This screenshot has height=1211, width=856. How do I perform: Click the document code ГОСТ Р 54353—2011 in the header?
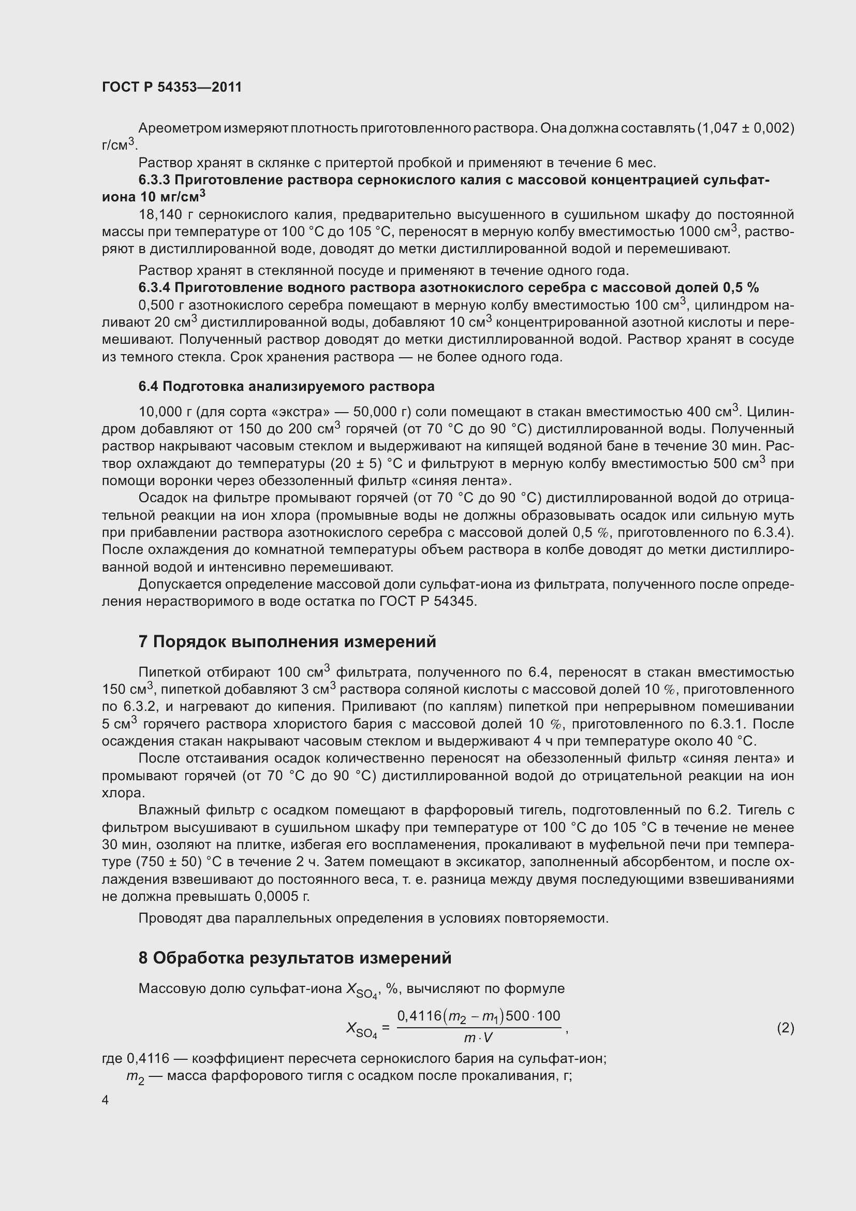pos(172,87)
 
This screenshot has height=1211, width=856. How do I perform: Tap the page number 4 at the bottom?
pos(106,1100)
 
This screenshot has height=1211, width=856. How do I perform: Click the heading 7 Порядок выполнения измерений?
pos(287,641)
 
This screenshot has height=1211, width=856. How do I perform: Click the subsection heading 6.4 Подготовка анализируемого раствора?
pos(286,386)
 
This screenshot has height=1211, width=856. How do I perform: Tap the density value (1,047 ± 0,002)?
pos(745,128)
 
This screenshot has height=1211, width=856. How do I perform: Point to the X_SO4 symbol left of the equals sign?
pos(361,1029)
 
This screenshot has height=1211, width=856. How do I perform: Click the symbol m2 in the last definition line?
pos(135,1077)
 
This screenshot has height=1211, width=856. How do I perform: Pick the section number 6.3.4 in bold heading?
pos(154,287)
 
